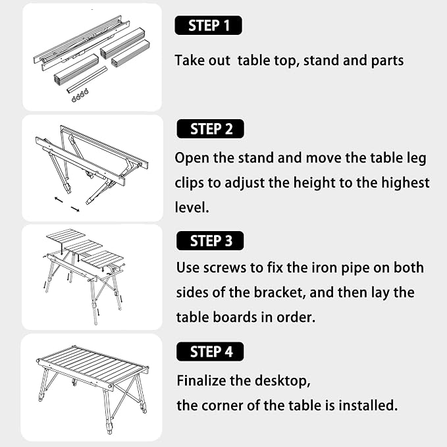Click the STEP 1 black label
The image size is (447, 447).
208,26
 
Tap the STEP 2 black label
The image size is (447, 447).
211,129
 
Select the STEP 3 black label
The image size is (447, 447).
210,241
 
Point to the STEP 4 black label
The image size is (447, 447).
210,352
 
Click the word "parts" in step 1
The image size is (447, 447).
387,61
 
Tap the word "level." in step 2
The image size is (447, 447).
192,207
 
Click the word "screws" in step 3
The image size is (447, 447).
224,268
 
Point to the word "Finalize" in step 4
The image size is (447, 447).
201,381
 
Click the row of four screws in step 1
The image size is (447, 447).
80,95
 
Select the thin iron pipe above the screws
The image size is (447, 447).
88,80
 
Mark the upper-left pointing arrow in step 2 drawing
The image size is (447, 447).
59,200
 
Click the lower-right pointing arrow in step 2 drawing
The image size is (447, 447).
75,209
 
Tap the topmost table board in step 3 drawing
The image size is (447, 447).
66,236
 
